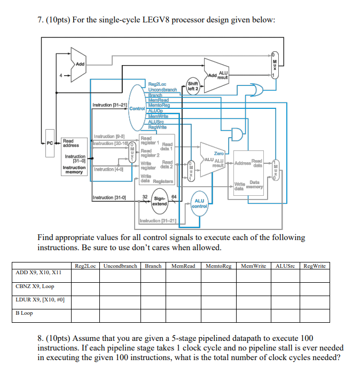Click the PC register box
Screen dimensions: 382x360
[x=49, y=143]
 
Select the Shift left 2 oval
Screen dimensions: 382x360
[x=193, y=86]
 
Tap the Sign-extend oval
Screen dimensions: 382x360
[x=160, y=201]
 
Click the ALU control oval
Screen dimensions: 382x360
[x=200, y=203]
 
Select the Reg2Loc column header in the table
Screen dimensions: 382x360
[x=86, y=266]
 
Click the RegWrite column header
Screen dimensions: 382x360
[x=314, y=266]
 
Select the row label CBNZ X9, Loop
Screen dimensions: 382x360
[x=35, y=286]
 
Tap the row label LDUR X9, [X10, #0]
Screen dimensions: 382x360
[x=41, y=300]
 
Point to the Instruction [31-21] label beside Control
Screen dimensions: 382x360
[x=109, y=105]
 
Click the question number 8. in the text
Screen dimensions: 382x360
[x=41, y=338]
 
